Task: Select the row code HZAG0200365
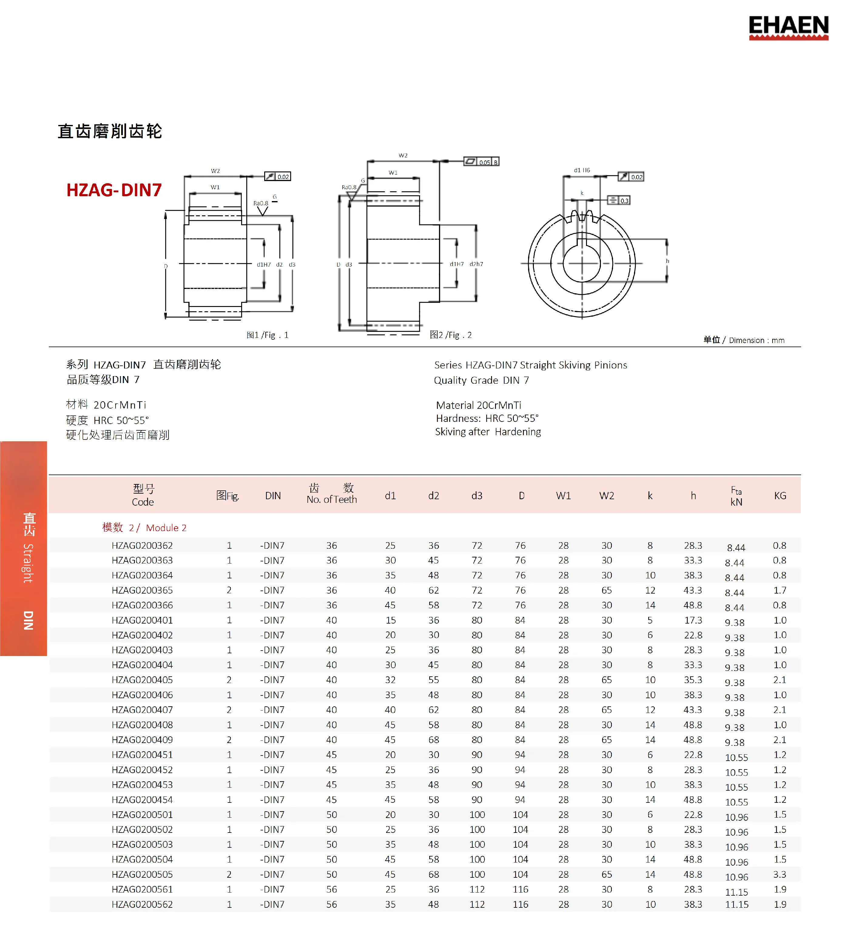(142, 590)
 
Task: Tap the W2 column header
(606, 496)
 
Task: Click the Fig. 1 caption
(267, 335)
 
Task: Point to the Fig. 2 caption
(450, 335)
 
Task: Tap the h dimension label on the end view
(667, 261)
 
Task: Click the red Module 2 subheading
(144, 528)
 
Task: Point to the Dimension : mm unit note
(756, 340)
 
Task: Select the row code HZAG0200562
(142, 904)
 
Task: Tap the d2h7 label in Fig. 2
(476, 264)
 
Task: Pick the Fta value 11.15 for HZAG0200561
(736, 892)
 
